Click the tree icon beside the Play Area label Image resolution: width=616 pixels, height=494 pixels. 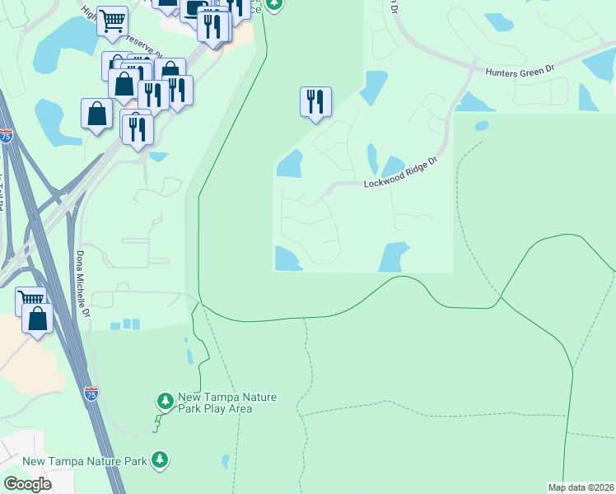point(166,401)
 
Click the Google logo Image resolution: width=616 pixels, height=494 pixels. point(27,484)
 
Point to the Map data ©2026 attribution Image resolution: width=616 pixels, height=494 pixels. point(581,487)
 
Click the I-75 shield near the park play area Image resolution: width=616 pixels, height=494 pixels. point(91,394)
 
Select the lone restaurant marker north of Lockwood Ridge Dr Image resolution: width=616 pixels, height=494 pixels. point(315,102)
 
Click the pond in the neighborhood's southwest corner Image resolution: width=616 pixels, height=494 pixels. point(287,259)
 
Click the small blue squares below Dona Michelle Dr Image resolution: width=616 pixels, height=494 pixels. point(125,324)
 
